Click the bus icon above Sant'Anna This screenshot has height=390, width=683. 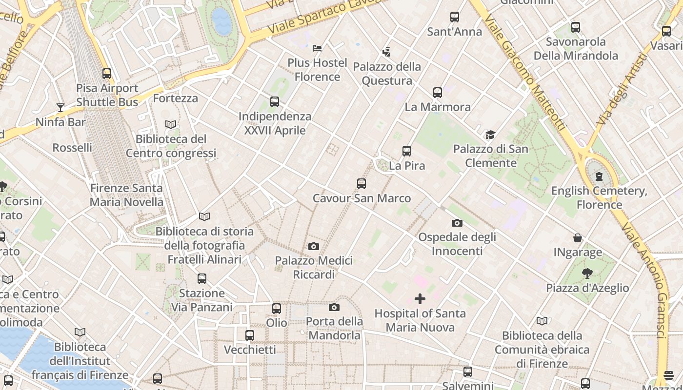click(x=455, y=17)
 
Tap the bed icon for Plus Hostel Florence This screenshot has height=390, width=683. click(x=317, y=48)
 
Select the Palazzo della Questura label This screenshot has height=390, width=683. click(x=387, y=74)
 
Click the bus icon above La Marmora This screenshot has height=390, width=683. click(x=438, y=92)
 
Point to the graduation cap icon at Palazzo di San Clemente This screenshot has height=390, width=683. click(x=490, y=135)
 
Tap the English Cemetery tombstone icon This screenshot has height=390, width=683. click(x=599, y=176)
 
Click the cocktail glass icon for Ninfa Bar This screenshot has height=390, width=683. click(x=60, y=107)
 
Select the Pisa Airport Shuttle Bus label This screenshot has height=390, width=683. click(x=107, y=95)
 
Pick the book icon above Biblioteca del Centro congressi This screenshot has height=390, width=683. click(x=171, y=124)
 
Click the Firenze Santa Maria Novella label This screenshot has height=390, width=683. click(x=127, y=195)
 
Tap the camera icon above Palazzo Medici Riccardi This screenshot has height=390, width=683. click(x=314, y=246)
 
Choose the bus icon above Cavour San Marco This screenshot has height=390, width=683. click(x=362, y=184)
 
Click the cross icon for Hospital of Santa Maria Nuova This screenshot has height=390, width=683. click(x=420, y=299)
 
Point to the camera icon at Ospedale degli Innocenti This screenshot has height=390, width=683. click(x=457, y=223)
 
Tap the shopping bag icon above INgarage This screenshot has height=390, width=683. click(x=578, y=238)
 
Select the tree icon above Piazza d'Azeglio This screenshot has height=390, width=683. click(x=587, y=273)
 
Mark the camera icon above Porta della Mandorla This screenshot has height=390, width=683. click(x=334, y=307)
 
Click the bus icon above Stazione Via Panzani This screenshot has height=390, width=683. click(x=202, y=279)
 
